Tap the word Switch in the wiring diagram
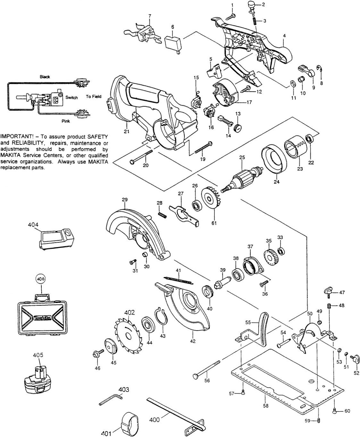(x=71, y=98)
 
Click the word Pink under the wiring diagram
(x=65, y=122)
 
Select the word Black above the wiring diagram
(x=45, y=77)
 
